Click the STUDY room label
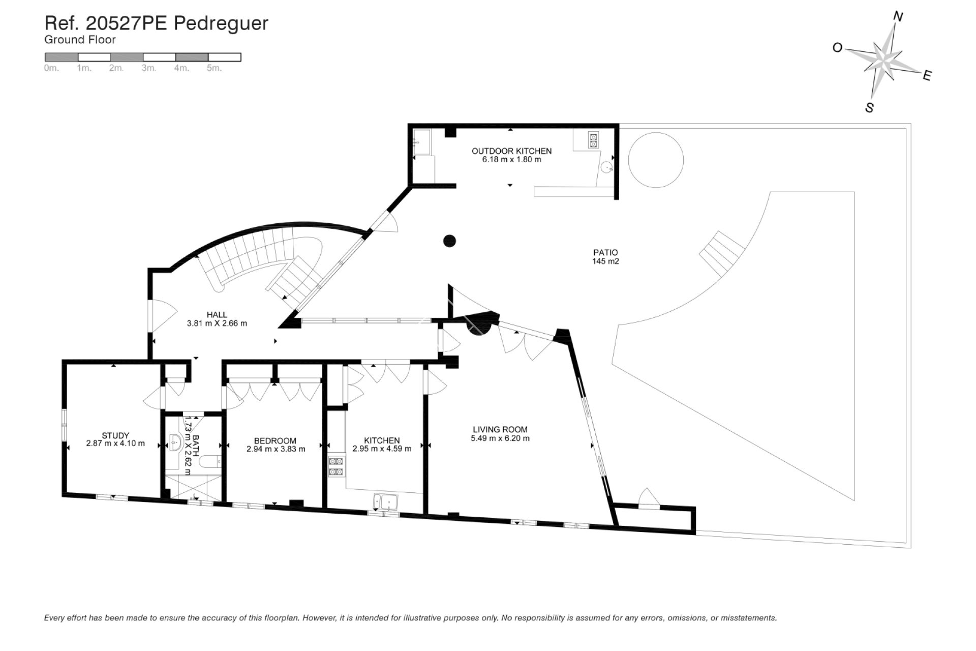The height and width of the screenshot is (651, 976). pyautogui.click(x=115, y=435)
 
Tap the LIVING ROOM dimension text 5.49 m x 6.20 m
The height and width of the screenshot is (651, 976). pyautogui.click(x=500, y=438)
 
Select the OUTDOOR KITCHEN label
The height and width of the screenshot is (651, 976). pyautogui.click(x=511, y=151)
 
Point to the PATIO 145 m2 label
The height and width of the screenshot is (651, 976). pyautogui.click(x=605, y=257)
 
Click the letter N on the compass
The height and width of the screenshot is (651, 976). pyautogui.click(x=898, y=17)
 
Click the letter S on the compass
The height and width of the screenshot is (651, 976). pyautogui.click(x=869, y=108)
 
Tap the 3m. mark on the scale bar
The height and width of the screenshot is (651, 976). pyautogui.click(x=148, y=68)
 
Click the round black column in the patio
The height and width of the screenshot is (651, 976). pyautogui.click(x=450, y=241)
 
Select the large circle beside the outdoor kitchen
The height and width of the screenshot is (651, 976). pyautogui.click(x=656, y=160)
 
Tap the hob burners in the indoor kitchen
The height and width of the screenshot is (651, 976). pyautogui.click(x=336, y=466)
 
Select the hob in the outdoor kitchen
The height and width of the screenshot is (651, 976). pyautogui.click(x=593, y=140)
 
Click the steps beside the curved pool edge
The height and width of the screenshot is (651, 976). pyautogui.click(x=721, y=254)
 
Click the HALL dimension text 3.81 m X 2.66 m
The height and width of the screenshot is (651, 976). pyautogui.click(x=217, y=323)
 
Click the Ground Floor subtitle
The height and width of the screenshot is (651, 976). pyautogui.click(x=80, y=40)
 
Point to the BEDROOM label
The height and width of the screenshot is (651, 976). pyautogui.click(x=275, y=440)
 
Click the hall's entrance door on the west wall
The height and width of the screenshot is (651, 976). pyautogui.click(x=152, y=318)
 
